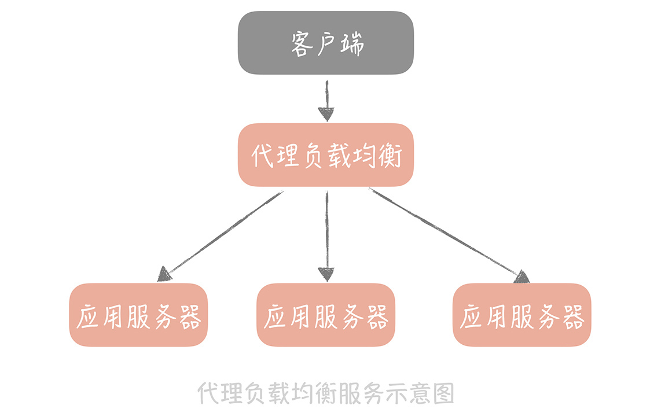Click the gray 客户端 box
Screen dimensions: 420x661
click(x=326, y=43)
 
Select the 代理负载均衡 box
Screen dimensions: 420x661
click(x=326, y=155)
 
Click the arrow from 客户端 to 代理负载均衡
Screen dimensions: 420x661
click(x=327, y=98)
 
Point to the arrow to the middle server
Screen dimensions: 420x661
click(x=327, y=231)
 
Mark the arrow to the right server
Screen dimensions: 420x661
click(x=446, y=231)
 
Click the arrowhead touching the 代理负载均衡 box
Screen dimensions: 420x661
click(x=327, y=114)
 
